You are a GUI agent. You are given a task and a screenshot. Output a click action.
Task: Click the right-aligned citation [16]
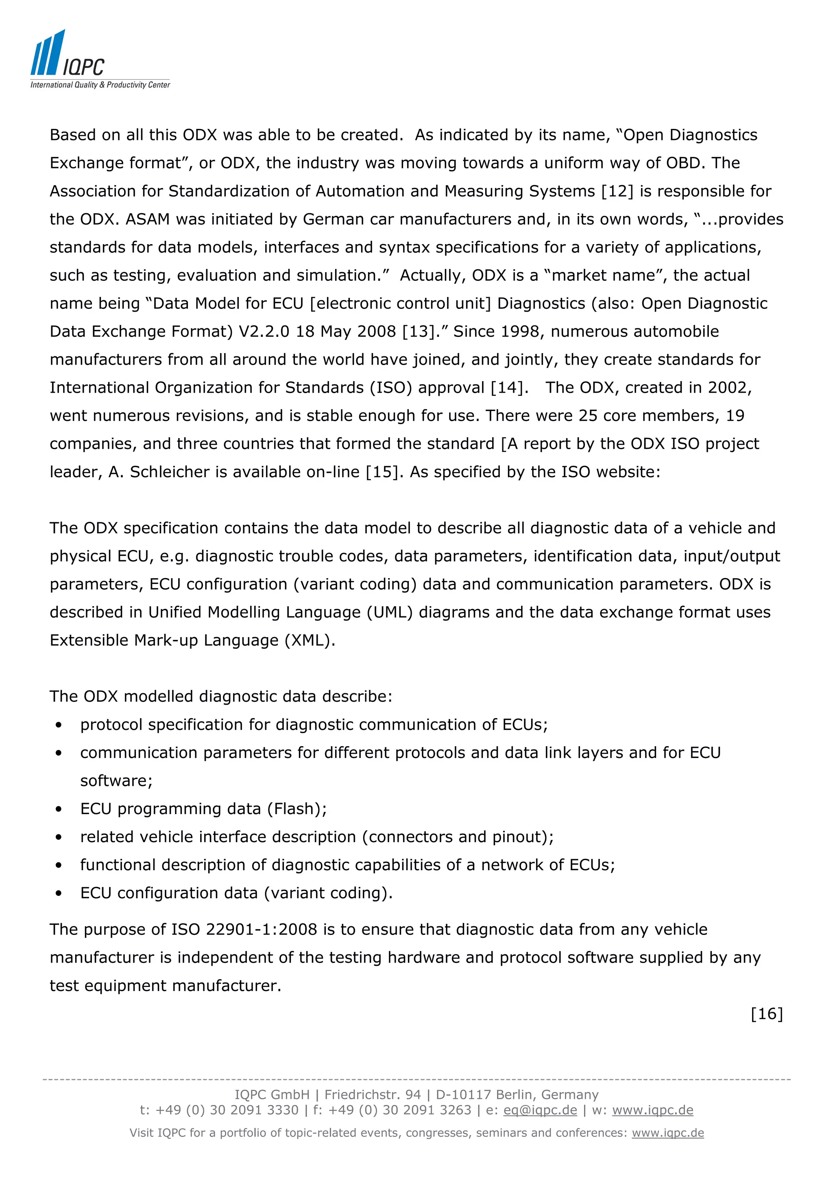click(767, 1014)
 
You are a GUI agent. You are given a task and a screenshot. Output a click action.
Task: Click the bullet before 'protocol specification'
click(59, 725)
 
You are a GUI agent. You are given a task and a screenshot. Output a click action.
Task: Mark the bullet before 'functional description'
click(59, 865)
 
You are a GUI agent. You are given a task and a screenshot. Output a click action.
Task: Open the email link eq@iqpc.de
click(540, 1110)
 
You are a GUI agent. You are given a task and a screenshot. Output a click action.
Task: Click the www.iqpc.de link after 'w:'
click(652, 1110)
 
